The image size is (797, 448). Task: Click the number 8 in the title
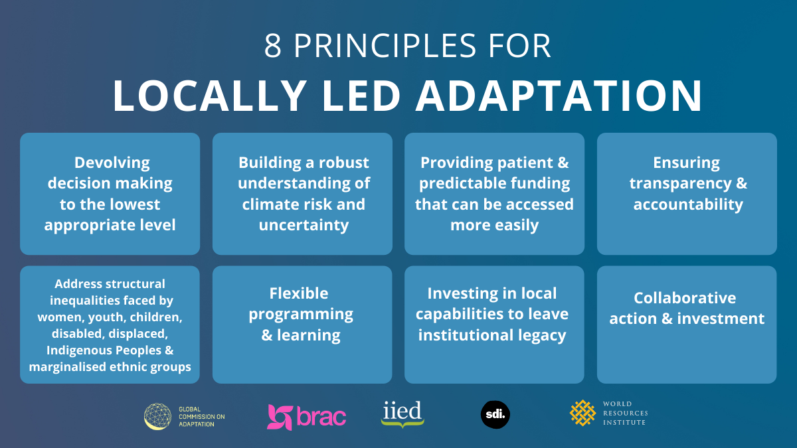(273, 46)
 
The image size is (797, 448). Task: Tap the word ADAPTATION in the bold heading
(559, 96)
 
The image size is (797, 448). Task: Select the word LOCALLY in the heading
(210, 96)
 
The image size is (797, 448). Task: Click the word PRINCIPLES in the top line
(385, 46)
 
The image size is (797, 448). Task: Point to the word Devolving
(112, 163)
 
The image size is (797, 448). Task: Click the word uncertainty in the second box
(304, 225)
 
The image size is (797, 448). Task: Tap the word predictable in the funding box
(462, 183)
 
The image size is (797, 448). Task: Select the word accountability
(688, 204)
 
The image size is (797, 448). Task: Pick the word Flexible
(299, 293)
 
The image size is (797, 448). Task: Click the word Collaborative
(685, 298)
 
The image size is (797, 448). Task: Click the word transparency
(680, 184)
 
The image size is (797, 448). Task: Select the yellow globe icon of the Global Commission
(157, 416)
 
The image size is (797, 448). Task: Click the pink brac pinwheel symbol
(280, 417)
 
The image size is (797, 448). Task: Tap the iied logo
(402, 414)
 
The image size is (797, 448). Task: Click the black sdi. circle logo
(495, 415)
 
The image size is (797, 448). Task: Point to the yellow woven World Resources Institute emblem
(582, 413)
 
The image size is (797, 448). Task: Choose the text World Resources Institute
(625, 413)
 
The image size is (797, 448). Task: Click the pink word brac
(321, 416)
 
